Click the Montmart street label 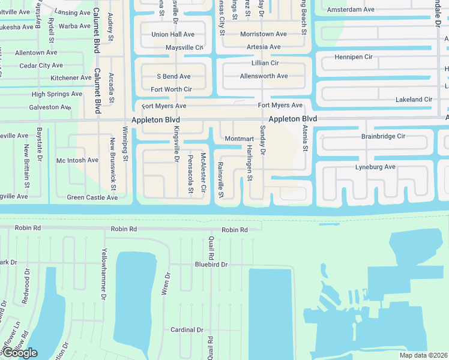pyautogui.click(x=238, y=139)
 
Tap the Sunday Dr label pyautogui.click(x=262, y=141)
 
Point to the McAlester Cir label pyautogui.click(x=203, y=172)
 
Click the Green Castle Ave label pyautogui.click(x=92, y=197)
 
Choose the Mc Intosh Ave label pyautogui.click(x=77, y=160)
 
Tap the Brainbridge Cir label pyautogui.click(x=383, y=136)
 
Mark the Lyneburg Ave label pyautogui.click(x=375, y=166)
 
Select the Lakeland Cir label pyautogui.click(x=414, y=100)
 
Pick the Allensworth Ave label pyautogui.click(x=264, y=76)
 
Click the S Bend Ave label pyautogui.click(x=173, y=77)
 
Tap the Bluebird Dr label pyautogui.click(x=211, y=265)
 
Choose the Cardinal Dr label pyautogui.click(x=187, y=330)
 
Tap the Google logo pyautogui.click(x=19, y=353)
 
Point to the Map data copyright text pyautogui.click(x=424, y=355)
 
